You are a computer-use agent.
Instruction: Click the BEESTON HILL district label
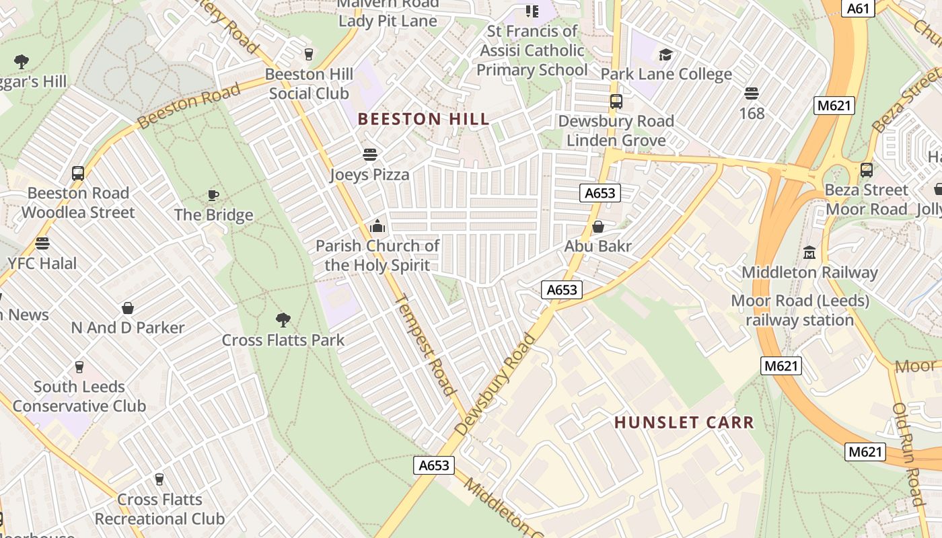(423, 120)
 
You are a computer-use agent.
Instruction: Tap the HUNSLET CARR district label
(684, 422)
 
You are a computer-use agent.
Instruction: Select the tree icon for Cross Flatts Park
(283, 319)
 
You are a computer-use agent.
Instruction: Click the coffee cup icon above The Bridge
(213, 195)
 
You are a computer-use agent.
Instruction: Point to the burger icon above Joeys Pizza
(369, 155)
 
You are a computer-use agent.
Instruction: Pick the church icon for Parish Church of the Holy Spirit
(377, 226)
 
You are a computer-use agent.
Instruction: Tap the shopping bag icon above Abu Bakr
(597, 227)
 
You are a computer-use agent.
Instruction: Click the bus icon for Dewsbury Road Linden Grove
(616, 102)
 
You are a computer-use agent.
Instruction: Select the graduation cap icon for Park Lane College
(665, 54)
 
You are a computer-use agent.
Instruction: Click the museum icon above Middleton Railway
(809, 253)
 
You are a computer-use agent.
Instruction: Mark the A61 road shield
(859, 8)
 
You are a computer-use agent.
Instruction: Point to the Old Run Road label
(909, 454)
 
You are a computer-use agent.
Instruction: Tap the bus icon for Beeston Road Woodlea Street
(78, 173)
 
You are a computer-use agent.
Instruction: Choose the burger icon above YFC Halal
(42, 243)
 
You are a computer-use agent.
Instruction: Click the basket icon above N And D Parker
(128, 308)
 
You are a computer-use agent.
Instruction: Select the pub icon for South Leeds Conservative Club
(79, 367)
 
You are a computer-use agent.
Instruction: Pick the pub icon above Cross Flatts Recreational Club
(159, 479)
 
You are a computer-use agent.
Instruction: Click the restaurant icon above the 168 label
(752, 93)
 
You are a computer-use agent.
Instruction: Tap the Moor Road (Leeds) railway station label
(800, 310)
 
